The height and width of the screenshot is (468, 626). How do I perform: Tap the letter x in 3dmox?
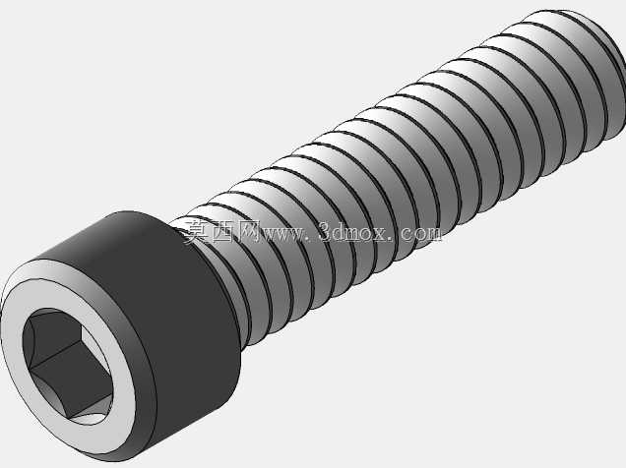pos(378,235)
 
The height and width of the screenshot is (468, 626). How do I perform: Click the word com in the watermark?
pos(421,234)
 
